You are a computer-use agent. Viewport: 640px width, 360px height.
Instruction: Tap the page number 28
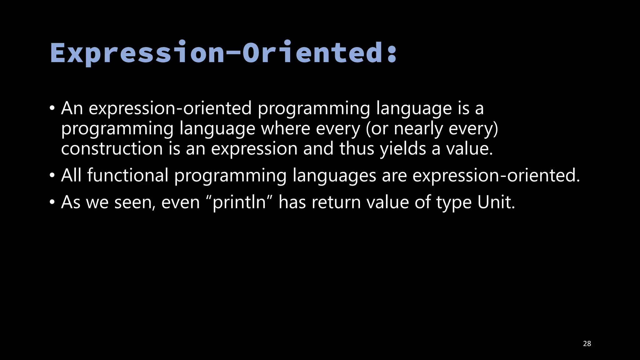pyautogui.click(x=587, y=344)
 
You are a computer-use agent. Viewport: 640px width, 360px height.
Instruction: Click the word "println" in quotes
pyautogui.click(x=239, y=202)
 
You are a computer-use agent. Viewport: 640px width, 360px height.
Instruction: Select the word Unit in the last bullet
pyautogui.click(x=496, y=202)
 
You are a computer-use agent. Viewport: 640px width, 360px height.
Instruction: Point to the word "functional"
pyautogui.click(x=127, y=175)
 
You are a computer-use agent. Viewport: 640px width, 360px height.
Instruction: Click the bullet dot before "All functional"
pyautogui.click(x=52, y=176)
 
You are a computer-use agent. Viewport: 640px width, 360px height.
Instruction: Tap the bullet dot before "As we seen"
pyautogui.click(x=52, y=202)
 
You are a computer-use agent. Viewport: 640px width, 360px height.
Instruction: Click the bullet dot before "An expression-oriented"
pyautogui.click(x=52, y=109)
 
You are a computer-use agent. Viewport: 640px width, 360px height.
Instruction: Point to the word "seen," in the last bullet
pyautogui.click(x=135, y=202)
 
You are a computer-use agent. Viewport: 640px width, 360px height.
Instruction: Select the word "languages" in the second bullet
pyautogui.click(x=334, y=175)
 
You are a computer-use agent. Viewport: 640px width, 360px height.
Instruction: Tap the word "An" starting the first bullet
pyautogui.click(x=72, y=108)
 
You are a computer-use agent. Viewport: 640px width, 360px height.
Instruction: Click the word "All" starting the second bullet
pyautogui.click(x=71, y=175)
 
